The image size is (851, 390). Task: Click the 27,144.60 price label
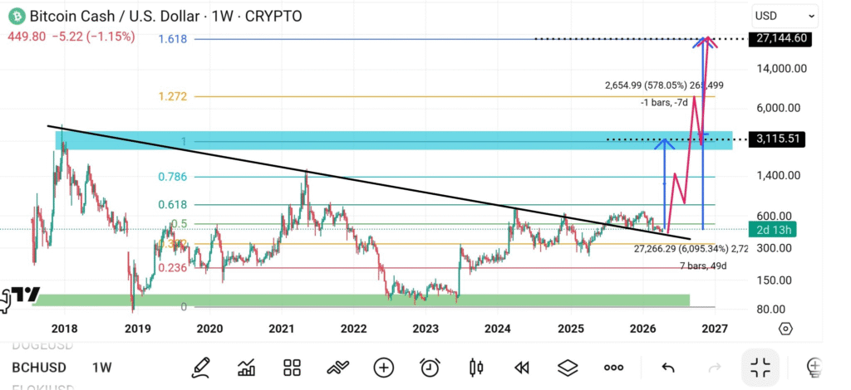coord(778,38)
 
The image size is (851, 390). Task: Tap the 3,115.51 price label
coord(778,139)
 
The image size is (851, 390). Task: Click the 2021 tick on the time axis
coord(283,329)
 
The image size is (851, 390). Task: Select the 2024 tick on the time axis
coord(499,329)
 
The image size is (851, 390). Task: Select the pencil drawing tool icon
coord(200,367)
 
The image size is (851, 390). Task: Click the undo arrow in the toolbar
coord(668,367)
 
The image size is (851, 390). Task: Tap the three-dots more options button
coord(614,367)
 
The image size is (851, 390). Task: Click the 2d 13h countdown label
coord(772,229)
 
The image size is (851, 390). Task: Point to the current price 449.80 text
coord(23,37)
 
